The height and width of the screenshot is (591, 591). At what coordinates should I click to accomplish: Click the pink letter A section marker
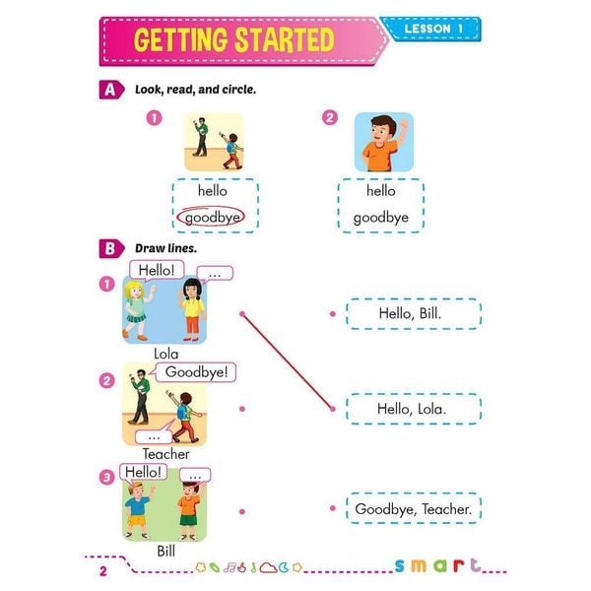pos(112,90)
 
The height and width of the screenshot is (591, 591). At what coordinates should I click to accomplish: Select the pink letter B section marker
pos(112,248)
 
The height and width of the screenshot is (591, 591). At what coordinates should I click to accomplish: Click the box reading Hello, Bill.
pos(412,314)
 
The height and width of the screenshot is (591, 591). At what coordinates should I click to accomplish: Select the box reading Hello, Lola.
pos(412,408)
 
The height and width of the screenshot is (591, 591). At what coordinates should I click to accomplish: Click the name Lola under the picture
pos(165,353)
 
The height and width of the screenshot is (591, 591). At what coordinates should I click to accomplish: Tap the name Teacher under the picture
pos(165,454)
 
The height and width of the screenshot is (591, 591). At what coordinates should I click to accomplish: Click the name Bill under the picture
pos(165,551)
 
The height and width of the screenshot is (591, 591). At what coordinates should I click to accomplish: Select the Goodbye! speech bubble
pos(197,372)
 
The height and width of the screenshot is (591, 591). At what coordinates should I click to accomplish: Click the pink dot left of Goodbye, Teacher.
pos(333,508)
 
